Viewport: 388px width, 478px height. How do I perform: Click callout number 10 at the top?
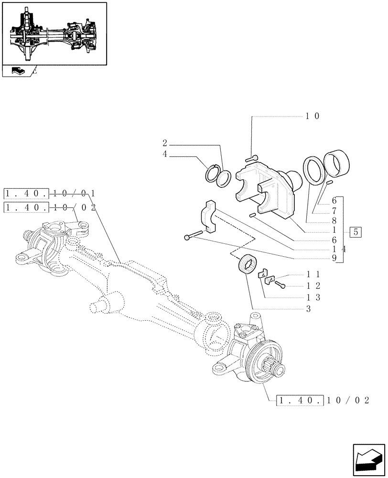pos(313,116)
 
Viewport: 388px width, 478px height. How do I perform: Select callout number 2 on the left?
pos(164,143)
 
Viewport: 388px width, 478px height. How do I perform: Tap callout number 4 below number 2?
pos(164,155)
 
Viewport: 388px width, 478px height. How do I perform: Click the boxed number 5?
pos(355,233)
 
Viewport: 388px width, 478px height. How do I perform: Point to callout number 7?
pos(334,211)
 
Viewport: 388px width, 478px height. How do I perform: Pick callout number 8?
pos(334,221)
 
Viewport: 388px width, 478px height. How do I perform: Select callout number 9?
pos(334,259)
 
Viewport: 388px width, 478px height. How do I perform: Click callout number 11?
pos(313,275)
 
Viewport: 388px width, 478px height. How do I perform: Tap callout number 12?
pos(313,286)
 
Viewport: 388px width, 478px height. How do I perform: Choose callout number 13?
pos(313,297)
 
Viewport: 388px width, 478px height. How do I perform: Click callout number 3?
pos(309,309)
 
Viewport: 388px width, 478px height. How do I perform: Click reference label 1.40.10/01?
pos(50,194)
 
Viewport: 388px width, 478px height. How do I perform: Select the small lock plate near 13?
pos(266,276)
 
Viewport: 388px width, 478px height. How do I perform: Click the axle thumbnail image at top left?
pos(54,33)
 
